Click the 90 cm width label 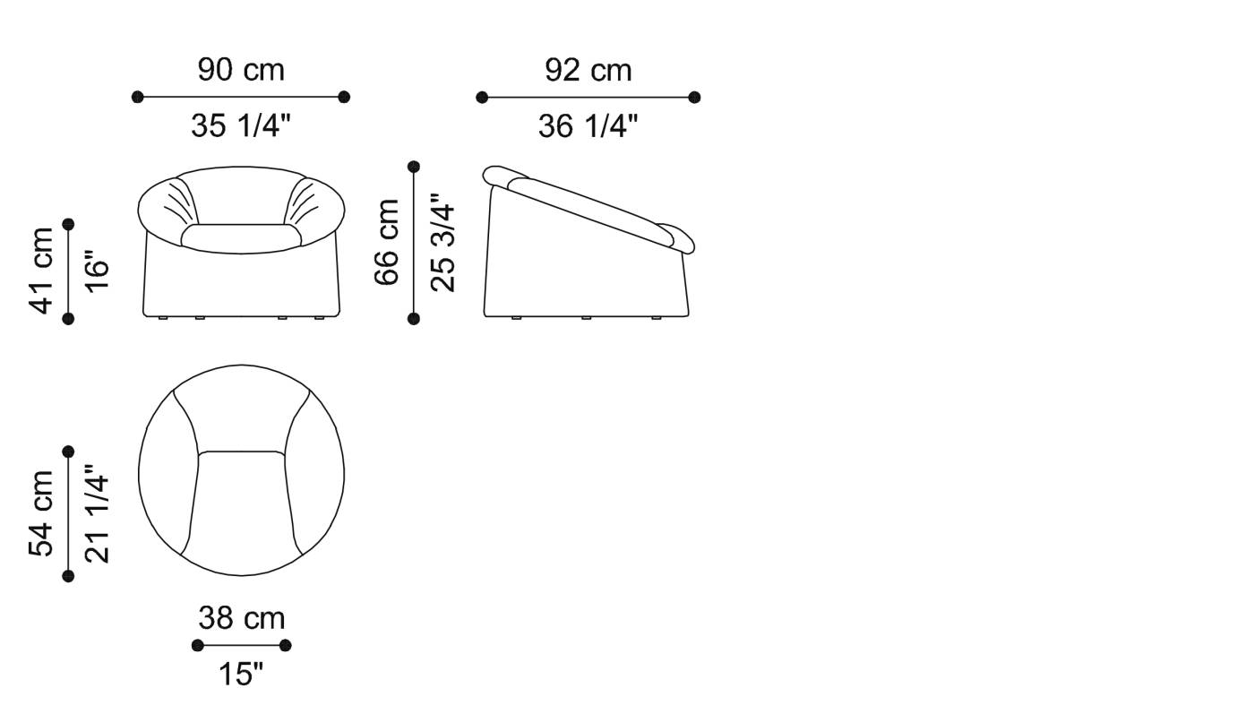pos(241,70)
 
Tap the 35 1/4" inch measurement pos(241,125)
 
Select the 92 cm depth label pos(588,71)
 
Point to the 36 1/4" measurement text pos(588,125)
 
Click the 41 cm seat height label pos(41,271)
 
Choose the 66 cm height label pos(386,242)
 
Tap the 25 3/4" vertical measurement pos(442,243)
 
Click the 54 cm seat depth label pos(41,513)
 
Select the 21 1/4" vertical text pos(97,513)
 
